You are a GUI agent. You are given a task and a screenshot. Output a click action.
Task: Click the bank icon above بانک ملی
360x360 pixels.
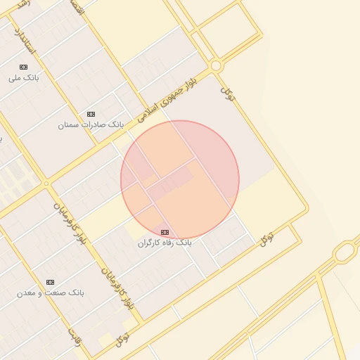23,67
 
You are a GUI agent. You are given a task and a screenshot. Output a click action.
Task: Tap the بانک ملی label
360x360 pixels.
23,77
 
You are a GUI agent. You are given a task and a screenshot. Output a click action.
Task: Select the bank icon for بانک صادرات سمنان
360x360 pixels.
91,114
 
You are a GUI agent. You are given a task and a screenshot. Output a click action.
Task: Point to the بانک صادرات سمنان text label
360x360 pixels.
91,124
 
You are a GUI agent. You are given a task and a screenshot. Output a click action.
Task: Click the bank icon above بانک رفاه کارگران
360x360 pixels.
165,232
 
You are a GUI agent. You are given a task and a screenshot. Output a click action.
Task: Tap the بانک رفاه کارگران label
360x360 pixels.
165,243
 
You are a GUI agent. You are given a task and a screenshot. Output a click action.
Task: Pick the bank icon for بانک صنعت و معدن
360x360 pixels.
50,282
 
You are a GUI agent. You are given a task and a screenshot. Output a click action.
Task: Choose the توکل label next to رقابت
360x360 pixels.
124,340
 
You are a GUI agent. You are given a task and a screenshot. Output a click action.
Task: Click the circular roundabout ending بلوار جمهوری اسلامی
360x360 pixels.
216,66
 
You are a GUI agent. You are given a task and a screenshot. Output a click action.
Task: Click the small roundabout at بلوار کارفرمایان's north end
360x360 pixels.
46,184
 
